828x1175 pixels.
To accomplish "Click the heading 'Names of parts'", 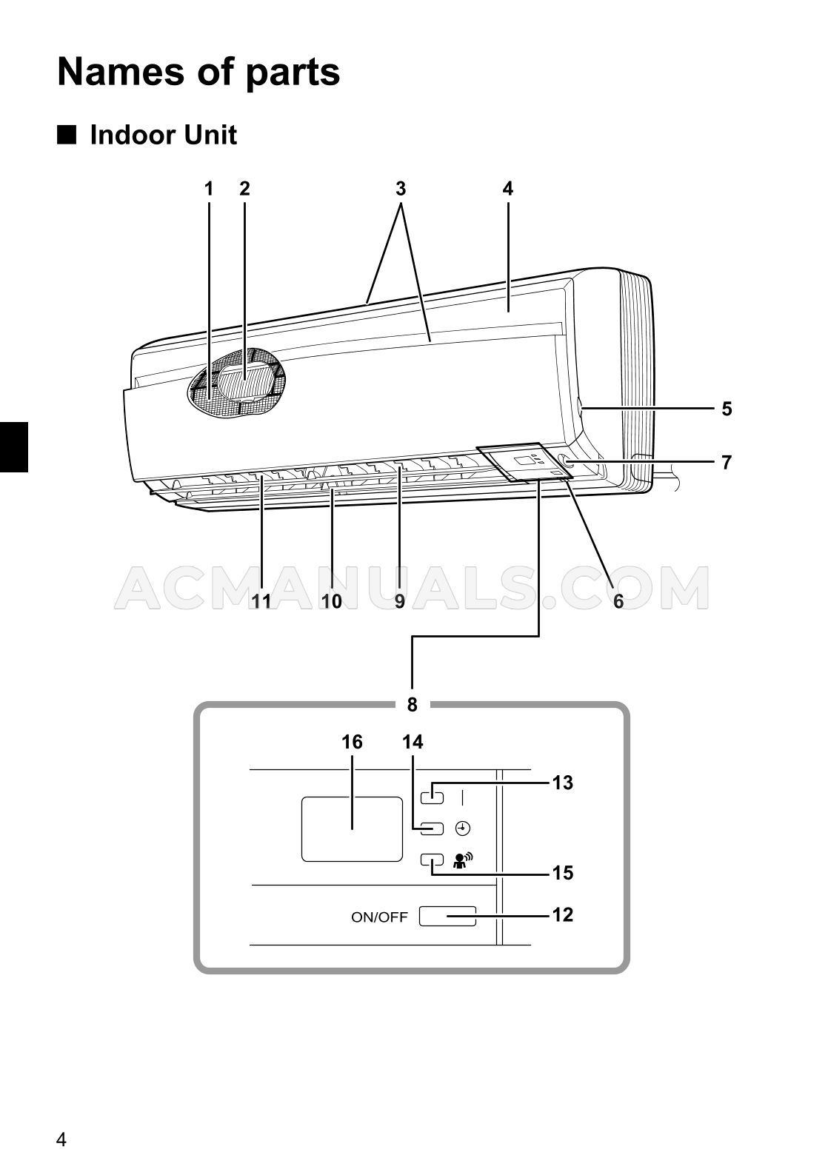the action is pos(198,72).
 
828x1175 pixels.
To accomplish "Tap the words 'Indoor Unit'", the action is pos(163,135).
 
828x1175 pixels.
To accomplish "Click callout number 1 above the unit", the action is pos(209,189).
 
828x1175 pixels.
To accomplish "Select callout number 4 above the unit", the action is pos(507,189).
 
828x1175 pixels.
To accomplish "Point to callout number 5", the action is pos(727,409).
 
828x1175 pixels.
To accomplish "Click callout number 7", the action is pos(727,463).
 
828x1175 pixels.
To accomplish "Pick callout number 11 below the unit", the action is pos(261,601).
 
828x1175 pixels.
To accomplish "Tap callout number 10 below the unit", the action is pos(332,601).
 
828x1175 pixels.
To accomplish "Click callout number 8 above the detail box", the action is pos(413,704).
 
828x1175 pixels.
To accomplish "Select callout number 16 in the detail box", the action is pos(352,742).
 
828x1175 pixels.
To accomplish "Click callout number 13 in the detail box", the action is pos(563,783).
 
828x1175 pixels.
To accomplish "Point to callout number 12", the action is pos(563,915).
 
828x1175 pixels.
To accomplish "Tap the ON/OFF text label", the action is pos(379,917).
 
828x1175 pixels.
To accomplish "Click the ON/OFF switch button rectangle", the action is pos(447,917).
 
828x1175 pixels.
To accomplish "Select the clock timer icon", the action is pos(463,828).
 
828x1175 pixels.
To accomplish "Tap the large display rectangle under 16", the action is pos(352,829).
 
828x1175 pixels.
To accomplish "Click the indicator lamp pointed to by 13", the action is pos(433,797).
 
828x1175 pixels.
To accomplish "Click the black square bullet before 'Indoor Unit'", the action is pos(67,135).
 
